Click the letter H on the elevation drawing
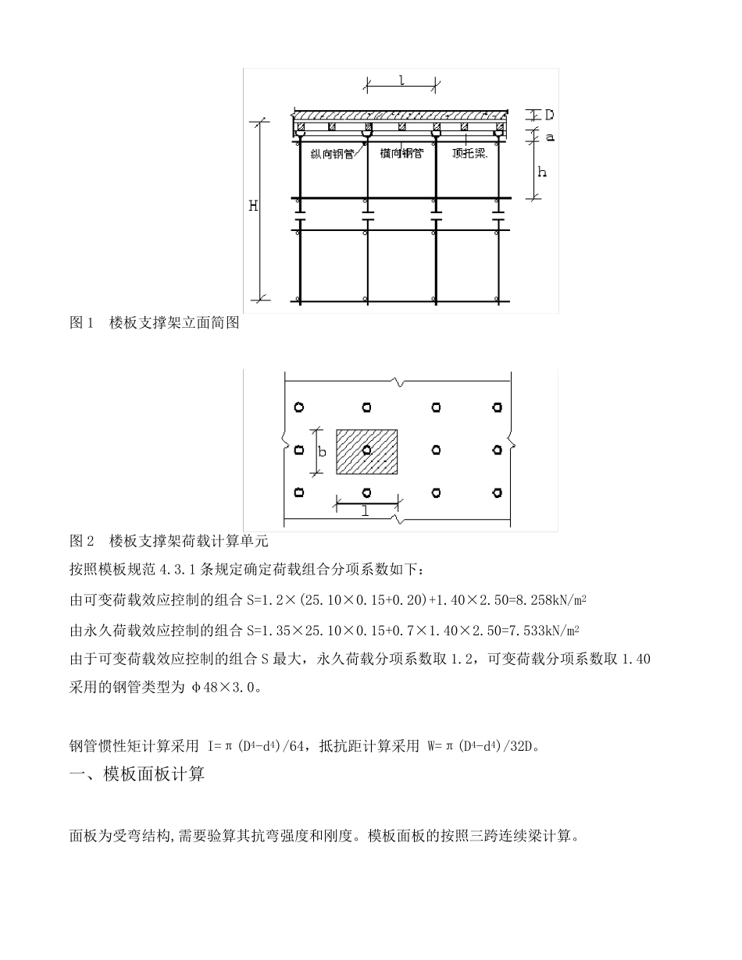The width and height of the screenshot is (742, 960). pyautogui.click(x=253, y=206)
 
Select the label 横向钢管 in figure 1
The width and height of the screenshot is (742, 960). pyautogui.click(x=401, y=154)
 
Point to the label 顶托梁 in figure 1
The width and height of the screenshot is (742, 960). pyautogui.click(x=469, y=154)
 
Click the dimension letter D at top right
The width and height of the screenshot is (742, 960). pyautogui.click(x=550, y=115)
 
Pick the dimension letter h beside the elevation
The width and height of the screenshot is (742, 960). pyautogui.click(x=543, y=171)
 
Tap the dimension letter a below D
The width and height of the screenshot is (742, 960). pyautogui.click(x=550, y=137)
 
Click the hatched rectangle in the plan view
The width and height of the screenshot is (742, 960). pyautogui.click(x=366, y=451)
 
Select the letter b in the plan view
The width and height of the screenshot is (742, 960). pyautogui.click(x=321, y=451)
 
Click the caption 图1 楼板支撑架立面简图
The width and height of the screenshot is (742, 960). pyautogui.click(x=154, y=322)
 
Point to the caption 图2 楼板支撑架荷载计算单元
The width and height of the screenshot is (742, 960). pyautogui.click(x=169, y=540)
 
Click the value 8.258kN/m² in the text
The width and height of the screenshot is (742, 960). pyautogui.click(x=546, y=600)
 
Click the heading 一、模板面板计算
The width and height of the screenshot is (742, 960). pyautogui.click(x=137, y=775)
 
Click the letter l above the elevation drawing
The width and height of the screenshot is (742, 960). pyautogui.click(x=401, y=80)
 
